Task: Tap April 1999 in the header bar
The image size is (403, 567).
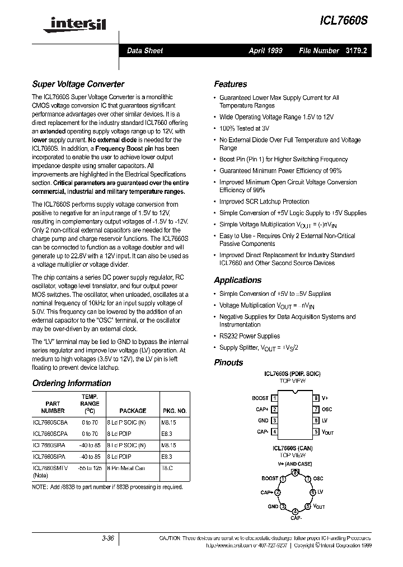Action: click(265, 50)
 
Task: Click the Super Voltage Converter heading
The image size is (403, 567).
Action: click(78, 85)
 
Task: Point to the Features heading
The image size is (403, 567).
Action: click(230, 85)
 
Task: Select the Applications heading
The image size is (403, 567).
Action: click(237, 280)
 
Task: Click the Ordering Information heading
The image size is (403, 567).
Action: click(72, 383)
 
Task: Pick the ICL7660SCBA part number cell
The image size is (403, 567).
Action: click(50, 423)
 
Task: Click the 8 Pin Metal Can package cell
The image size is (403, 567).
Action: click(126, 468)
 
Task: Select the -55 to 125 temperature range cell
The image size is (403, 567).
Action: click(90, 468)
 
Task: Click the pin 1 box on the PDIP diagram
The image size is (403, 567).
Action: click(274, 398)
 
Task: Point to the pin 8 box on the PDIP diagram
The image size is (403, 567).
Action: click(316, 398)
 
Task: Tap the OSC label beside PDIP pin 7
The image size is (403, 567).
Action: click(327, 410)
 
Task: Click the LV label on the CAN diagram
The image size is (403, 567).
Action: click(321, 491)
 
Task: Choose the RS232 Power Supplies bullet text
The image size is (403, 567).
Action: click(249, 336)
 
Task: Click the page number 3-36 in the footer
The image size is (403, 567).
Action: click(107, 538)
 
